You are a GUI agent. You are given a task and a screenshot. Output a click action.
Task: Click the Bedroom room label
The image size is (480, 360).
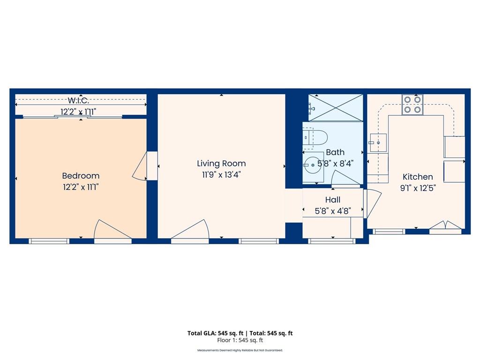point(81,176)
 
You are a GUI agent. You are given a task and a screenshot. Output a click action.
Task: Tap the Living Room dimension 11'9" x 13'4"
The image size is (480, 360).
point(221,174)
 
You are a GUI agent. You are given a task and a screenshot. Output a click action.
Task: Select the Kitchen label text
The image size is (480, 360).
point(418,177)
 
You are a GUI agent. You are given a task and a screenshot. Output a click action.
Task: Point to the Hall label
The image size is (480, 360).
point(333,200)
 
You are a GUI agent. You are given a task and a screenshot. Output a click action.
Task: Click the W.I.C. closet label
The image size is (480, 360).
point(78,100)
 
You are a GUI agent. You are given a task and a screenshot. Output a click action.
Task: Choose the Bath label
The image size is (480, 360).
point(335,152)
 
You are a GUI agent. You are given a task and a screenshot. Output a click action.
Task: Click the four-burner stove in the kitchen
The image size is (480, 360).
point(412,105)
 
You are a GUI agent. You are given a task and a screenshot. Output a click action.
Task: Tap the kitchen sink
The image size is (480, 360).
point(378,142)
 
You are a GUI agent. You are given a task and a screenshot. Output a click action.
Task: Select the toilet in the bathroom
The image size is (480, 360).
point(315,138)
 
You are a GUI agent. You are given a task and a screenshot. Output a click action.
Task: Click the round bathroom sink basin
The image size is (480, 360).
point(313,165)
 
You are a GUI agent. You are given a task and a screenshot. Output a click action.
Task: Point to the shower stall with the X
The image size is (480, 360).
point(336,108)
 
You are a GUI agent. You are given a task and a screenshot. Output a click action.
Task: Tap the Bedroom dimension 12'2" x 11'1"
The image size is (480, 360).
point(81,187)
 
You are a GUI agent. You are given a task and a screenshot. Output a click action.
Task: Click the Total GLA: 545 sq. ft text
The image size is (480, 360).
point(216,333)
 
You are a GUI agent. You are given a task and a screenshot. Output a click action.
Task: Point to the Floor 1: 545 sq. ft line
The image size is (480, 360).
point(240,340)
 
